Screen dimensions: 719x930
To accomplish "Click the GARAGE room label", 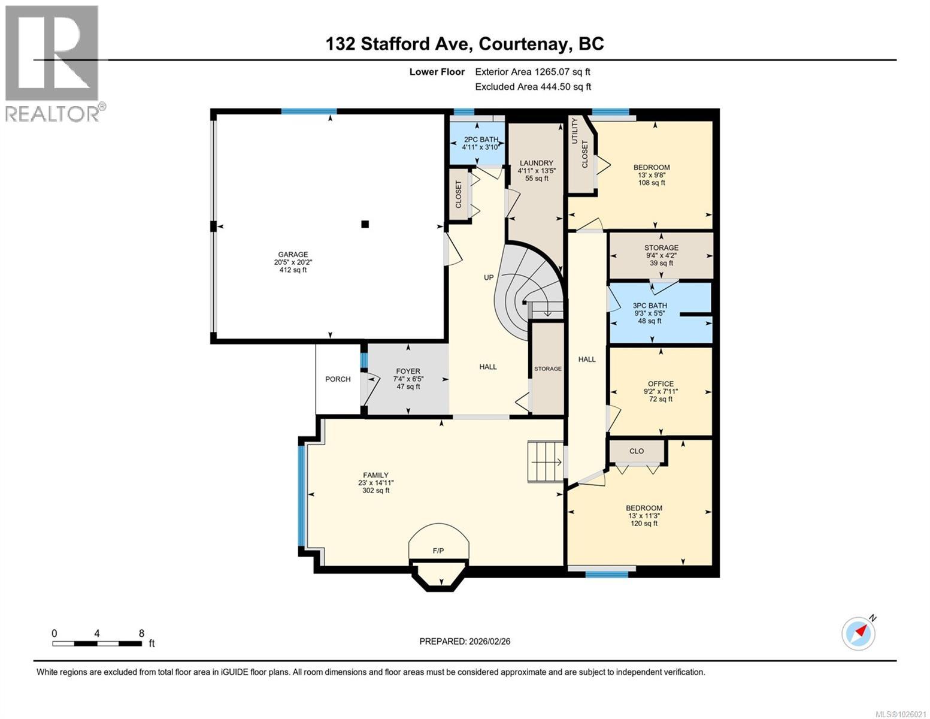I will click(293, 254).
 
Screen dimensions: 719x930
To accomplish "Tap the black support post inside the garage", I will click(365, 225).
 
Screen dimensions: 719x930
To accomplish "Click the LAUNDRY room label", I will click(536, 163).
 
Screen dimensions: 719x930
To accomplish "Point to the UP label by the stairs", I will click(489, 277).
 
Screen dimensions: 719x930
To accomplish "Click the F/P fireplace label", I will click(438, 551).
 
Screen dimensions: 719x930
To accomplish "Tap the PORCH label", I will click(338, 379).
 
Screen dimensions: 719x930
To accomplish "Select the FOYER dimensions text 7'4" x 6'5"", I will click(408, 379).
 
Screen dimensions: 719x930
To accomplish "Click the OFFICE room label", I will click(661, 383).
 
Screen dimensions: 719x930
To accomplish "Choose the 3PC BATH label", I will click(650, 306).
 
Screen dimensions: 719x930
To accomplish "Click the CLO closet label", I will click(637, 451).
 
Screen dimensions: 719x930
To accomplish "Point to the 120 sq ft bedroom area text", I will click(644, 523).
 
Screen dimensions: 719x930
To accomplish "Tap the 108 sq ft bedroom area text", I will click(652, 183).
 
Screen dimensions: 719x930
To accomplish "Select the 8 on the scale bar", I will click(141, 633).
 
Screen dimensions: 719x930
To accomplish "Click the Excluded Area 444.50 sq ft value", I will click(562, 86).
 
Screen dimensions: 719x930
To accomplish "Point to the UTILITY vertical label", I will click(575, 130).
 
